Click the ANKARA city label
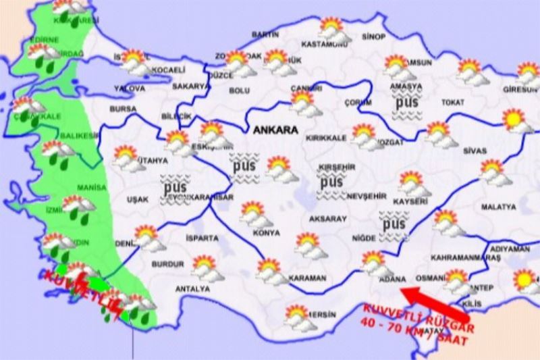[x=275, y=128]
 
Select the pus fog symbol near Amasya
[x=406, y=105]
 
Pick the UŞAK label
[x=136, y=199]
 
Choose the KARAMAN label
[x=307, y=278]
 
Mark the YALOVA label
[x=130, y=88]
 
